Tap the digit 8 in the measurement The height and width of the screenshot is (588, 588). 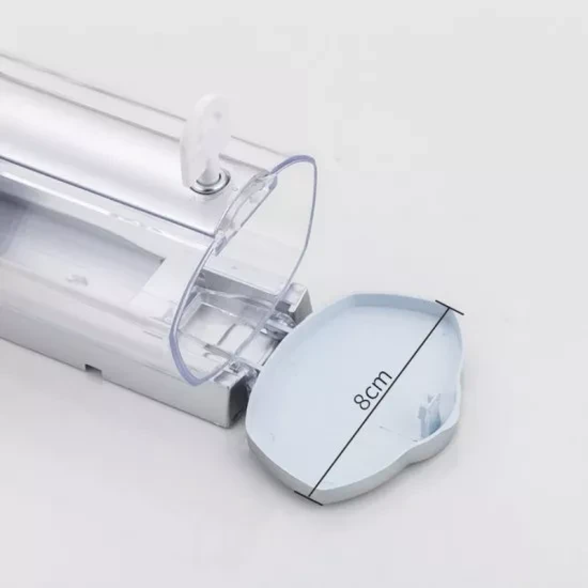[363, 402]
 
